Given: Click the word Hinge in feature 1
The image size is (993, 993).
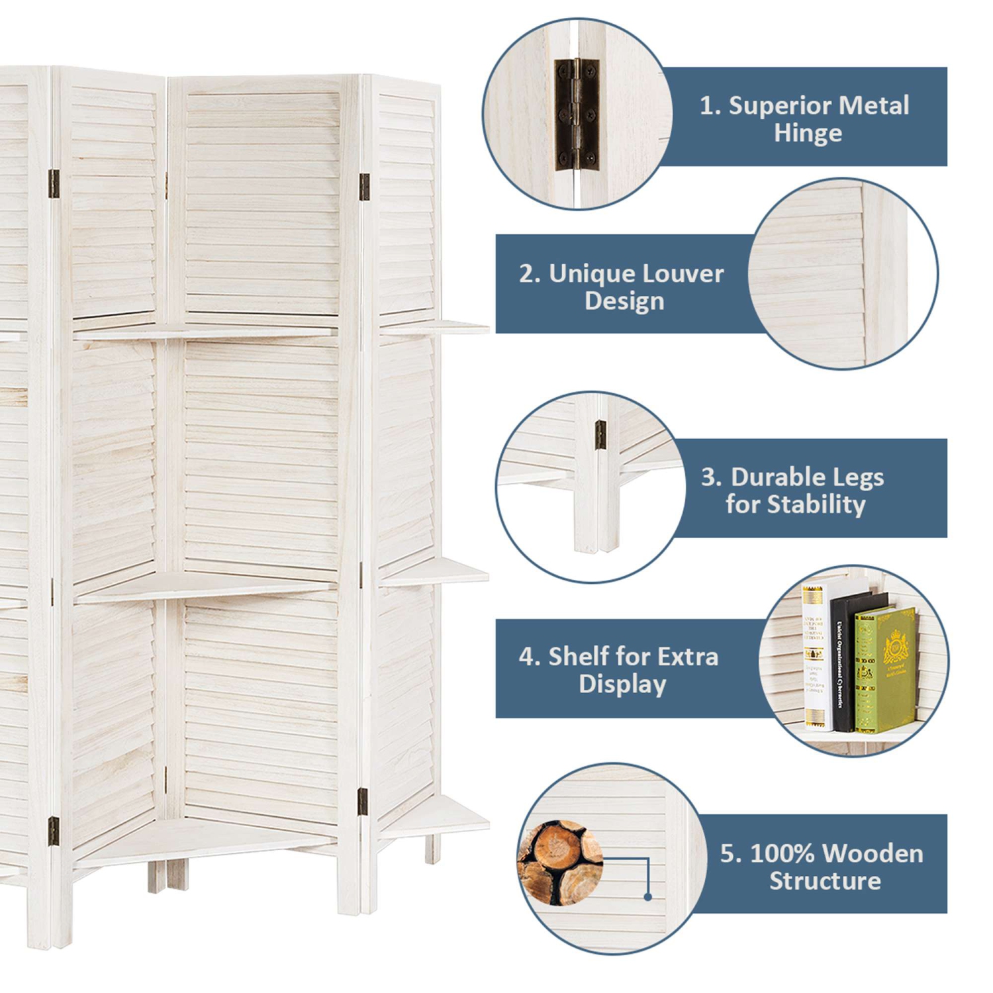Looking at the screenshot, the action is [x=808, y=133].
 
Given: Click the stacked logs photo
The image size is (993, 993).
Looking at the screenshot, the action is [x=560, y=863].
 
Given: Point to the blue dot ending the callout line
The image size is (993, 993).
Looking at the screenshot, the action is [x=648, y=897].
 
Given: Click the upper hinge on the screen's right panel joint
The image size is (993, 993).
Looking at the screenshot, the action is [x=364, y=187].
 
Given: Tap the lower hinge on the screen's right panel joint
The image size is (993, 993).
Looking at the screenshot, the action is [x=363, y=801].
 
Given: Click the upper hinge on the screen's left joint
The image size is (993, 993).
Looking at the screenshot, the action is [x=54, y=183].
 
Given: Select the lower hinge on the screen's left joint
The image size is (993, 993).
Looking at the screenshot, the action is [x=54, y=831].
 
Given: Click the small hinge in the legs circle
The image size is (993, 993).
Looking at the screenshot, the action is [x=600, y=434].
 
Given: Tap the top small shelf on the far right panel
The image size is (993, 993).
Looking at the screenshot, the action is [x=434, y=326].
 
